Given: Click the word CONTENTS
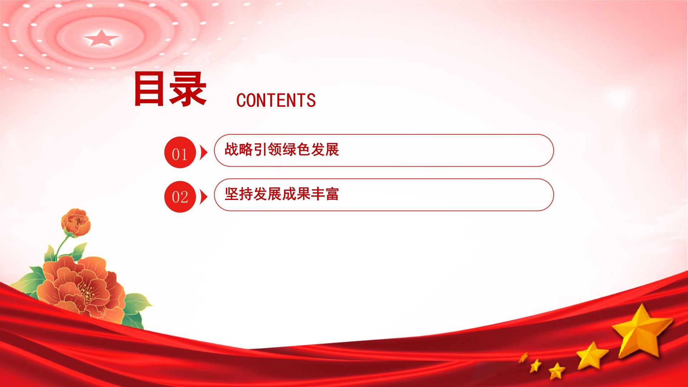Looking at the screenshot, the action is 276,100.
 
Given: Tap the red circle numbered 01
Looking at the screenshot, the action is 180,153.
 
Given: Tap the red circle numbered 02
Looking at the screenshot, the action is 180,197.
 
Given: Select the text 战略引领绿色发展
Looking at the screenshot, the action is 282,150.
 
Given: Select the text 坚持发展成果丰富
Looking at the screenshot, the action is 282,194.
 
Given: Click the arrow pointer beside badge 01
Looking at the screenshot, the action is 204,153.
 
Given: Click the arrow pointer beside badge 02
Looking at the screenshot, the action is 204,197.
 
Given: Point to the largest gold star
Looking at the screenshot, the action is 641,331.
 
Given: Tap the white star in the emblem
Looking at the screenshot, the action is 101,38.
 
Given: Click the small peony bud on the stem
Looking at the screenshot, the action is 76,222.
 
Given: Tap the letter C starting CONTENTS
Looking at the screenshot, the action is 240,100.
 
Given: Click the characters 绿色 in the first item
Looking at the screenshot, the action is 296,150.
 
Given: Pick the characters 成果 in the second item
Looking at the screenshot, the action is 296,194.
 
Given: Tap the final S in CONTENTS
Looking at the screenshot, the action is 311,100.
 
